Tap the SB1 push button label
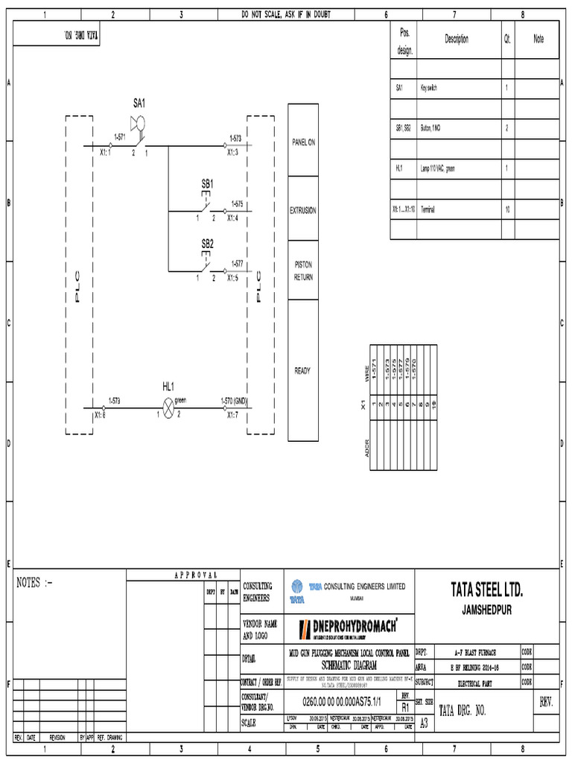click(207, 183)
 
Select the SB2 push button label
click(207, 244)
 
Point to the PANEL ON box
click(303, 142)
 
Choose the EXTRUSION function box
click(303, 210)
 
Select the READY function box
click(303, 370)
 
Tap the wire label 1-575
click(237, 203)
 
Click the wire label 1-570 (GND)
click(232, 401)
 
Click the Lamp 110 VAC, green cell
click(437, 168)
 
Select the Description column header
click(457, 39)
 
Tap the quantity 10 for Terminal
click(507, 209)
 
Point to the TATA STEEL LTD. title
click(486, 592)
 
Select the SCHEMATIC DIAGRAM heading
click(349, 662)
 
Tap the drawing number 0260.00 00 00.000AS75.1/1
click(340, 702)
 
